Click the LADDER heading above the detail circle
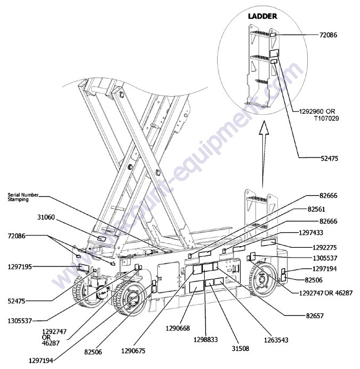click(x=262, y=16)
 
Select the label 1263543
click(x=278, y=338)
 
